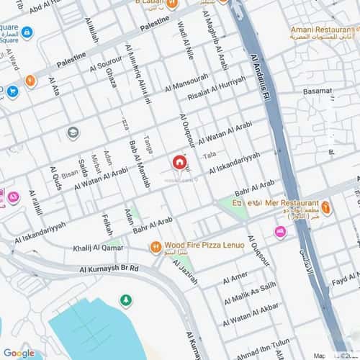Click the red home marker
point(179,163)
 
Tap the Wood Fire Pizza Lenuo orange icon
point(155,246)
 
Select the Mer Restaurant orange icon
point(326,208)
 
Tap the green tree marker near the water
point(126,300)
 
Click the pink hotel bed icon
point(280,231)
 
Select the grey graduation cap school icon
point(73,132)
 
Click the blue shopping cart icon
point(12,91)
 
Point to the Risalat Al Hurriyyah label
point(217,87)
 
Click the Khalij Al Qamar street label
point(99,248)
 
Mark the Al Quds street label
point(55,179)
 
